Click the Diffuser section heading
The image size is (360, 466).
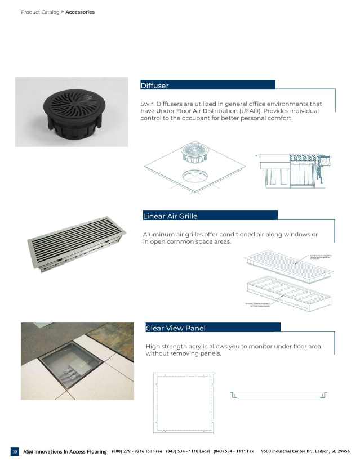coord(155,86)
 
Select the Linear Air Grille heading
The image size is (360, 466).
coord(171,216)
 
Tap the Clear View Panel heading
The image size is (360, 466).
coord(175,328)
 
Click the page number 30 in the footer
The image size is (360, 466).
coord(15,451)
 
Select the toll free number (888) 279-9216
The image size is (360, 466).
coord(137,451)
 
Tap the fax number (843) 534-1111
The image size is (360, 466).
coord(234,451)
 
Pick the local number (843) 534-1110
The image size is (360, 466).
coord(188,451)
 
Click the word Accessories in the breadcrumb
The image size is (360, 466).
coord(80,12)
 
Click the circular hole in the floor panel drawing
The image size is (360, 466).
coord(195,178)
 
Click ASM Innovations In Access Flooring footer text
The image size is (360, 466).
coord(65,451)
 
